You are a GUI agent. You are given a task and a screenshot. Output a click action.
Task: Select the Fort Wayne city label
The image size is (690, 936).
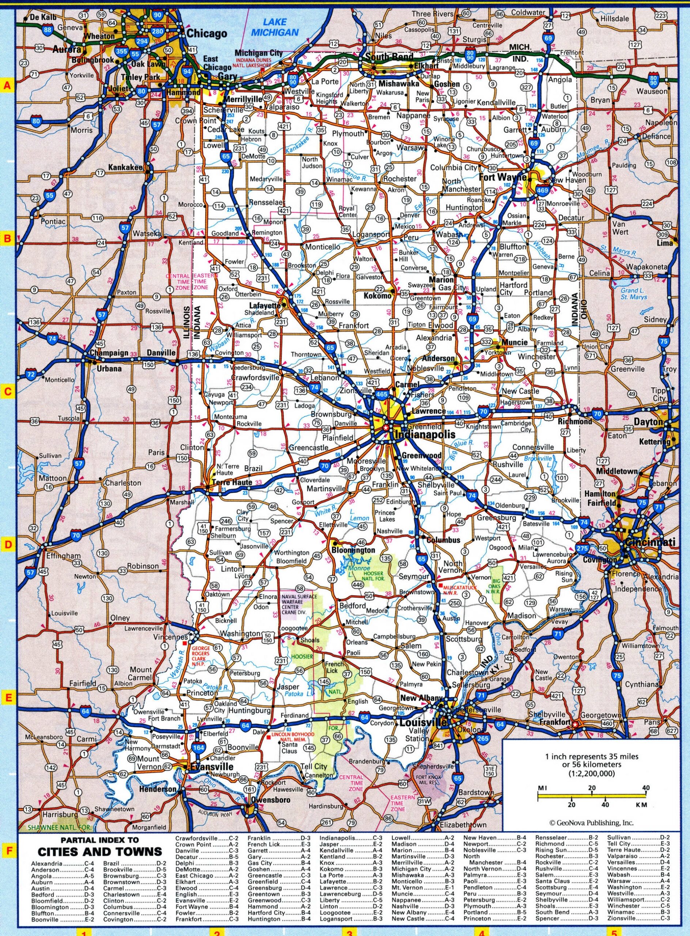503,177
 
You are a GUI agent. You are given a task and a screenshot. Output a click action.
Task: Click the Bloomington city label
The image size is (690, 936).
353,550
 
